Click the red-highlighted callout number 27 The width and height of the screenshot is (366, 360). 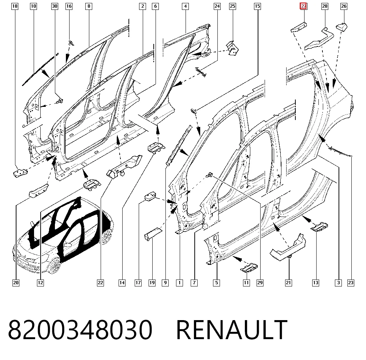[x=303, y=6]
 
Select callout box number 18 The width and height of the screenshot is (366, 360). [x=15, y=6]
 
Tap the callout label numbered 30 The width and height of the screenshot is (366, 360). [x=55, y=6]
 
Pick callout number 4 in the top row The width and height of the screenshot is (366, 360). [x=185, y=6]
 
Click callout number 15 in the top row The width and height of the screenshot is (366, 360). [x=257, y=6]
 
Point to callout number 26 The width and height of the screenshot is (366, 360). [x=344, y=6]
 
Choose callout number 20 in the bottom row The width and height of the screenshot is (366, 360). [x=16, y=283]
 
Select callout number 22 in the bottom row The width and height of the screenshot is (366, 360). [x=100, y=283]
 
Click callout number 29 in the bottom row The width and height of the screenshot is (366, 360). [x=260, y=283]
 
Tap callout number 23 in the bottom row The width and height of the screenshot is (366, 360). [x=351, y=283]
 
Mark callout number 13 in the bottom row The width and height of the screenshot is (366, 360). [x=315, y=283]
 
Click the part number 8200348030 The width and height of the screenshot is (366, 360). [x=80, y=330]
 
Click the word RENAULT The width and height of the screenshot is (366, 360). [x=232, y=330]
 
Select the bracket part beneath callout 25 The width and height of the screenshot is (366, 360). [x=232, y=48]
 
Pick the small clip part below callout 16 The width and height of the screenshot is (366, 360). [x=71, y=43]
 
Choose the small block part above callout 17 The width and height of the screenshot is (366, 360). [x=150, y=196]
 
